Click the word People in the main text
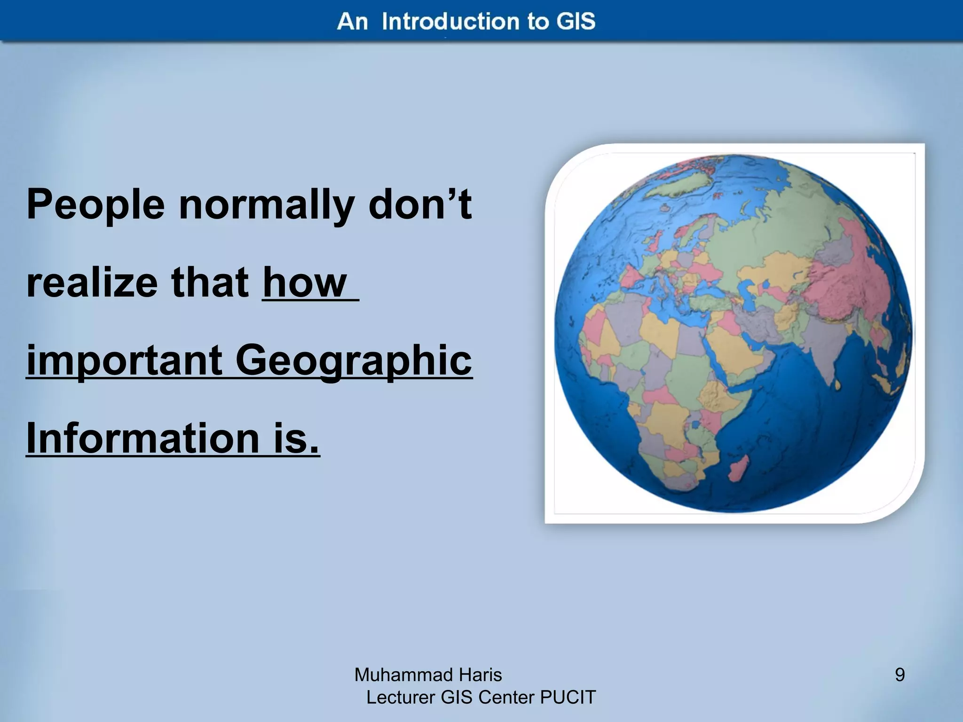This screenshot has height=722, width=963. tap(95, 205)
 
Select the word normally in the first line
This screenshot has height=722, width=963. tap(267, 205)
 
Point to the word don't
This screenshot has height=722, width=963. tap(420, 204)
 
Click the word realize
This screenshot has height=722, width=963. tap(92, 283)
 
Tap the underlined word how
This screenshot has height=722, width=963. tap(305, 283)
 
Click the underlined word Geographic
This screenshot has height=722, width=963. tap(354, 361)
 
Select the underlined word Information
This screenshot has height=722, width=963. tap(142, 438)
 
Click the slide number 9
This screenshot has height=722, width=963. tap(900, 675)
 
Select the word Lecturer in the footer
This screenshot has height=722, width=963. tap(401, 698)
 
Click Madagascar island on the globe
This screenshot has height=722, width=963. tap(738, 467)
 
